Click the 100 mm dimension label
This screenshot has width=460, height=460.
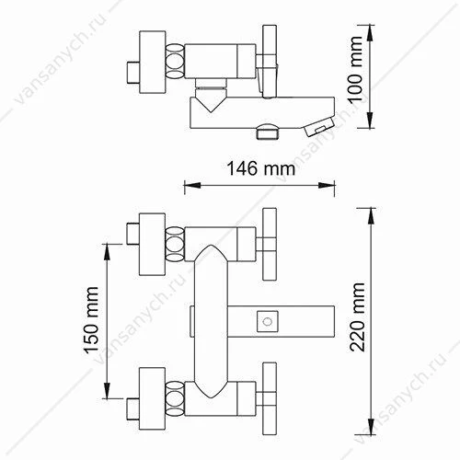(x=356, y=69)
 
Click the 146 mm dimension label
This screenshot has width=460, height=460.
(x=261, y=168)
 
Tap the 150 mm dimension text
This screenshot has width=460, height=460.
(x=91, y=320)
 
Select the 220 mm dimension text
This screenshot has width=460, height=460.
(x=357, y=317)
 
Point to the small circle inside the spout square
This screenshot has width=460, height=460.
(x=268, y=322)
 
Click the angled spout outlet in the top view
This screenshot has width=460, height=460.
(x=319, y=127)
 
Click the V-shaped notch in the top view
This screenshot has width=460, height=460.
(x=211, y=105)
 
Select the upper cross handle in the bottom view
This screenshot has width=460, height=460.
(x=270, y=244)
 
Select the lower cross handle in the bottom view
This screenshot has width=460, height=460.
(x=270, y=398)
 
